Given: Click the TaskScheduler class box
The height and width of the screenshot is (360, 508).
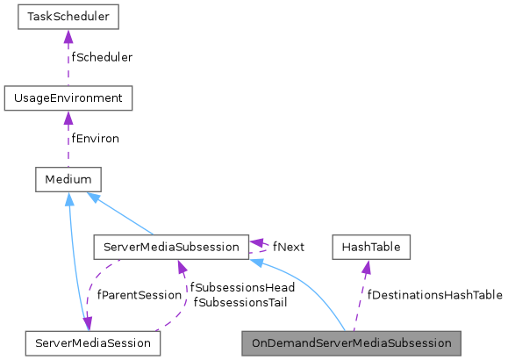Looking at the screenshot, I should pos(68,17).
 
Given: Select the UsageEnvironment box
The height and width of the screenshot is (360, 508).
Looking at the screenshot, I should pos(68,97).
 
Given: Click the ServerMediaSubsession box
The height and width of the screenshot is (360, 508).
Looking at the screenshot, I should pos(170,247).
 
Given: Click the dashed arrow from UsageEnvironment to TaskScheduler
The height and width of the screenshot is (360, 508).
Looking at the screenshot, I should pos(68,61).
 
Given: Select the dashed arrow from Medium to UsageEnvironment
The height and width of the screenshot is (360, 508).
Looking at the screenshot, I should pos(68,142).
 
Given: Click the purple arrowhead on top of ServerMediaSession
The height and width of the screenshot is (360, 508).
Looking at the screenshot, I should pos(87,323).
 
